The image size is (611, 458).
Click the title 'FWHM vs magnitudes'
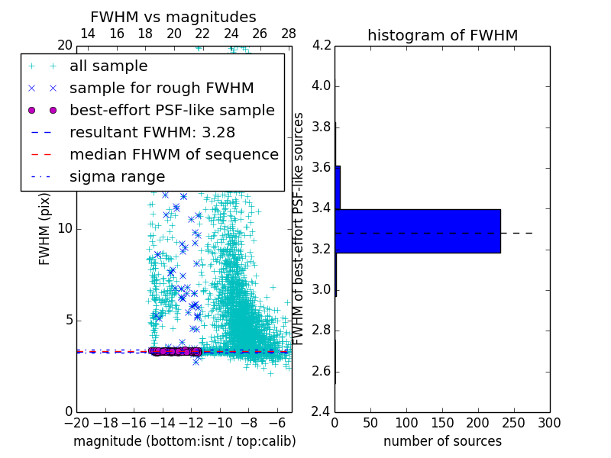pos(173,17)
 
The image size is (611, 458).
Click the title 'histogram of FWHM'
pos(442,35)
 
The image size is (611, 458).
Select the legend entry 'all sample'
pos(108,66)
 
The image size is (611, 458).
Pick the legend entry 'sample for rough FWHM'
pos(161,89)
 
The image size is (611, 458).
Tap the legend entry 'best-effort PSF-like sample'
pos(172,111)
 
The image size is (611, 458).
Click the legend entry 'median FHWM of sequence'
pos(173,155)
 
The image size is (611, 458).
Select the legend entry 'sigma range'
pos(117,177)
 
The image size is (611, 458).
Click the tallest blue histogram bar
pos(417,231)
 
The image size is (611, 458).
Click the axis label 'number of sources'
pos(442,441)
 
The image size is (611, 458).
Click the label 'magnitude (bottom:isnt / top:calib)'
pos(184,441)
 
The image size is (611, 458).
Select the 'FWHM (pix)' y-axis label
pos(45,228)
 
